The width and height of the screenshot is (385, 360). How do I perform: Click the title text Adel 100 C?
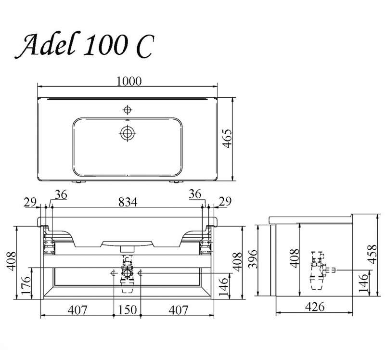tap(85, 45)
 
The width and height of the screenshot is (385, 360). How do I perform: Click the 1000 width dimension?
tap(129, 81)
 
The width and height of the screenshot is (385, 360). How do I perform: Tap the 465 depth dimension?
tap(227, 139)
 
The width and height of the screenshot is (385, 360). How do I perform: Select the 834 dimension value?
tap(128, 202)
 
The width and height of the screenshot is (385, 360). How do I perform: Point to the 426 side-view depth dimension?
tap(315, 307)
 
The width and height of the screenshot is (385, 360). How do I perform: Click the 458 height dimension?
tap(372, 254)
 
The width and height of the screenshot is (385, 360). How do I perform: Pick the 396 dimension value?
tap(253, 259)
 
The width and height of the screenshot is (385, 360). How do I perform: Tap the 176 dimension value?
tap(26, 285)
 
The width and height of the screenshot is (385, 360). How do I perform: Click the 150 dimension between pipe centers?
tap(128, 310)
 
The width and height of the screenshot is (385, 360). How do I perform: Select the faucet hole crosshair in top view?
tap(127, 110)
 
